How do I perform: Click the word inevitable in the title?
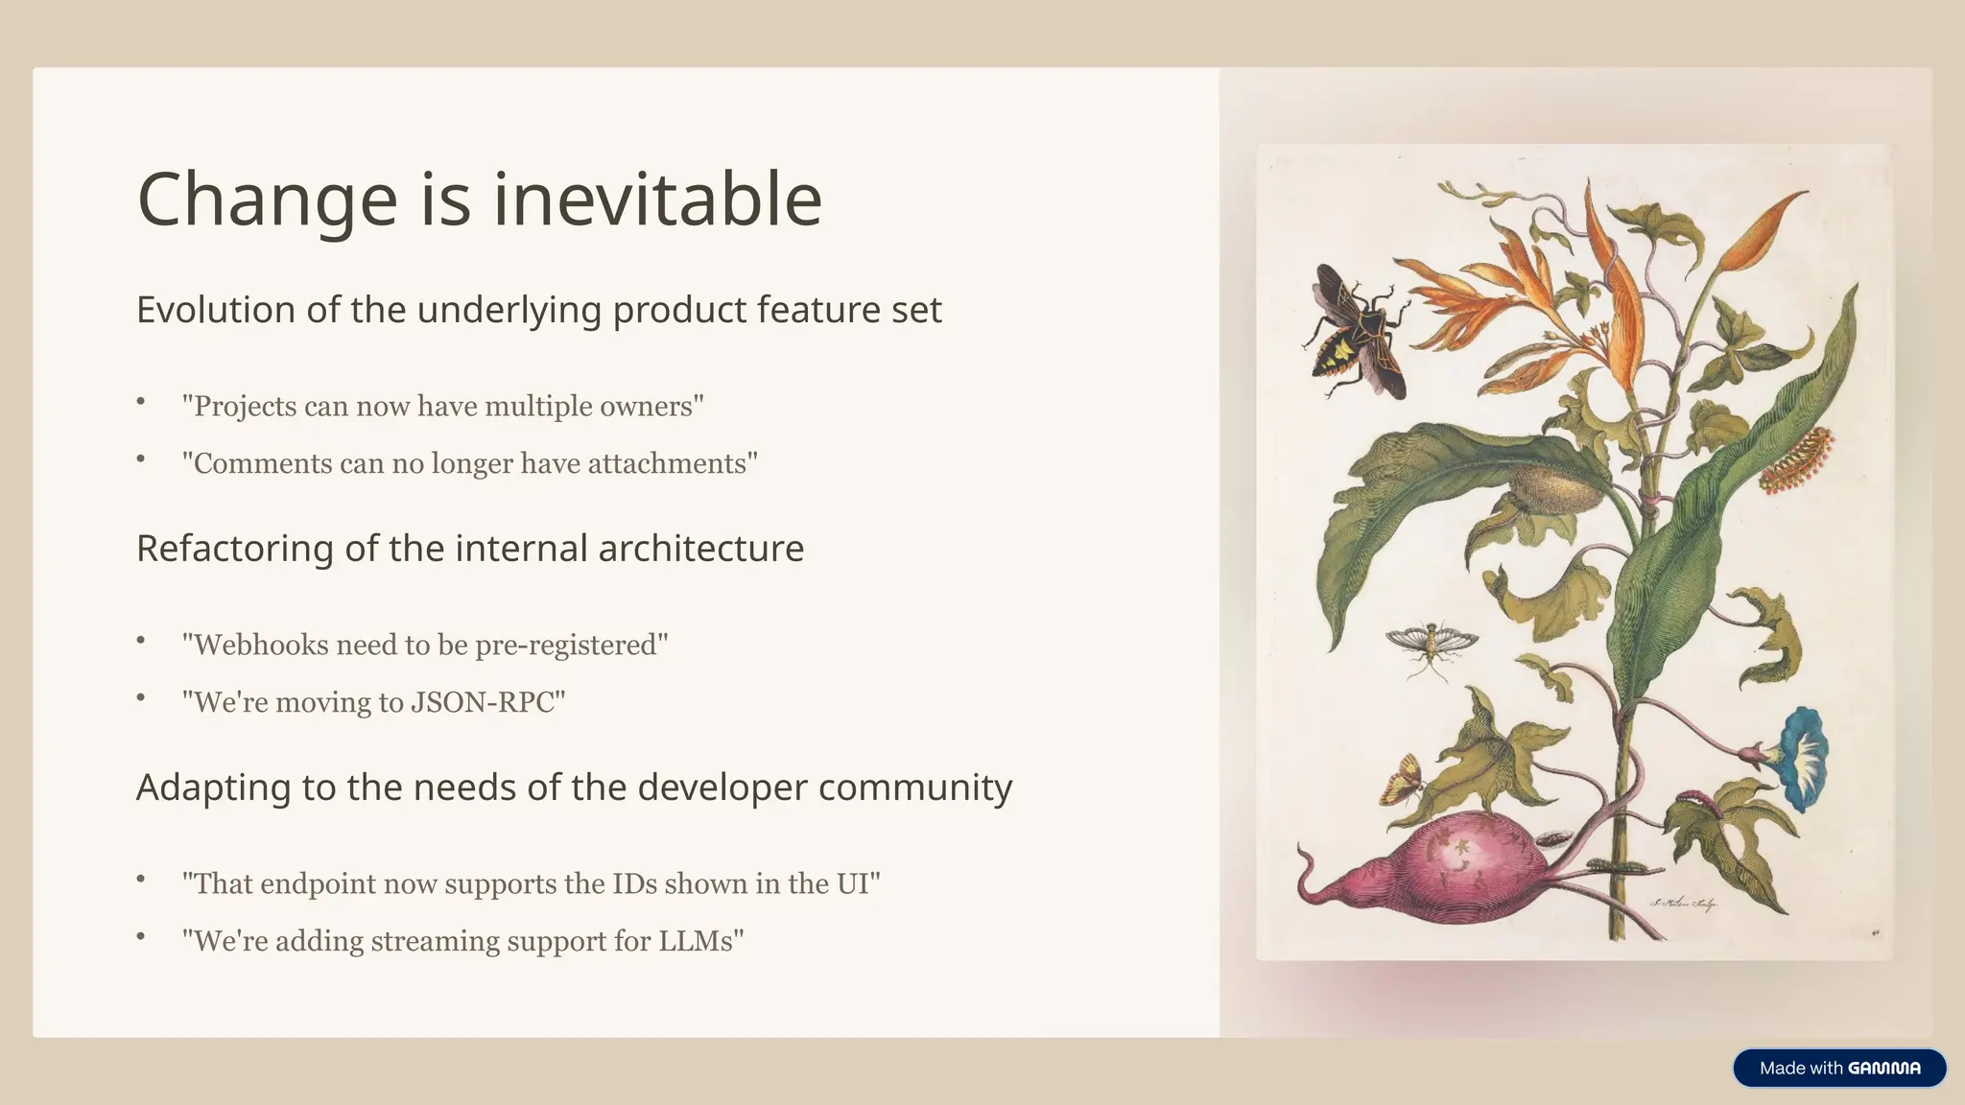[657, 199]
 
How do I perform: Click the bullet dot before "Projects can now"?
[141, 402]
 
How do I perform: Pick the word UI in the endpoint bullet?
[853, 883]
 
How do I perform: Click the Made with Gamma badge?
[1839, 1068]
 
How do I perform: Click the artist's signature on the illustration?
[1684, 904]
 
